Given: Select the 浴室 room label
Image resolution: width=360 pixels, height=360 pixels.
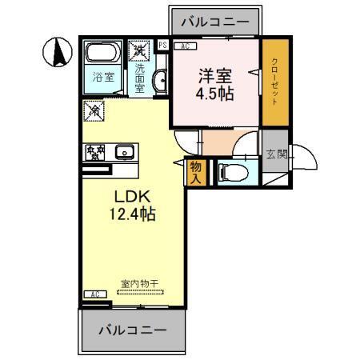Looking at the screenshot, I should click(102, 78).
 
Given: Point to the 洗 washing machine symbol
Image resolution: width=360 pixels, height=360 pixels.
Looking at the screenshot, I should click(141, 50).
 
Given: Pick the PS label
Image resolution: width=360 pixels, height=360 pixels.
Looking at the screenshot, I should click(162, 46).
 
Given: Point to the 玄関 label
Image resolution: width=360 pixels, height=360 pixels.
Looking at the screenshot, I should click(274, 154).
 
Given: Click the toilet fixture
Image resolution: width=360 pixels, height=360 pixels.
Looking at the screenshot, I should click(229, 172).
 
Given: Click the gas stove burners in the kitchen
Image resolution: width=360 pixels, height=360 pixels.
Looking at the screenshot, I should click(97, 151).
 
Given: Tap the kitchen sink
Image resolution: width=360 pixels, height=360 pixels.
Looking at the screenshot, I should click(124, 151).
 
